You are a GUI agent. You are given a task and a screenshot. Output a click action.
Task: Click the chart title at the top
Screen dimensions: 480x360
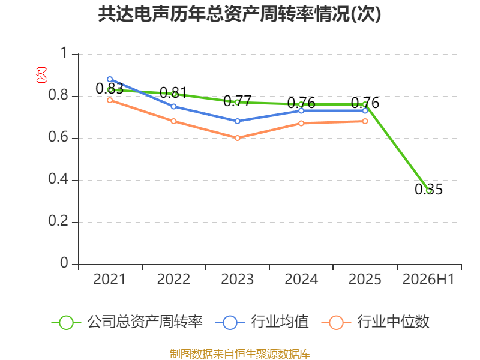(x=239, y=14)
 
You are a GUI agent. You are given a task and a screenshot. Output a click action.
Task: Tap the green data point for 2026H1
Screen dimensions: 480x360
(x=429, y=191)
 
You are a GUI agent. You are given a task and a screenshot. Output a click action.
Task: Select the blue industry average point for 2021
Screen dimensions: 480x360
(x=110, y=79)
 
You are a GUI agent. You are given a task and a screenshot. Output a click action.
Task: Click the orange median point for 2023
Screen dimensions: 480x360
(x=237, y=138)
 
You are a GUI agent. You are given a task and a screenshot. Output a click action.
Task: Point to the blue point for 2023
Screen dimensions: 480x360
(x=237, y=121)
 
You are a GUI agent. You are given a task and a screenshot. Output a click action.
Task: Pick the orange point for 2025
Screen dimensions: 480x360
(x=365, y=121)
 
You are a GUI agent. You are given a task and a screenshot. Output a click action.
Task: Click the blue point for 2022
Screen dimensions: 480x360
(x=173, y=107)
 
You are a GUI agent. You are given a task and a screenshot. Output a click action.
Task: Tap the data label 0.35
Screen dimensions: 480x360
(x=428, y=189)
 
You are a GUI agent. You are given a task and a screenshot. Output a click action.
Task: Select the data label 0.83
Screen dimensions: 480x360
(x=110, y=88)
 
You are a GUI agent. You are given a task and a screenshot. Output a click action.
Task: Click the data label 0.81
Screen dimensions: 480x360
(x=173, y=92)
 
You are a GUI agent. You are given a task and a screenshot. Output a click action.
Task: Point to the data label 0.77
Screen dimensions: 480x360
(x=237, y=101)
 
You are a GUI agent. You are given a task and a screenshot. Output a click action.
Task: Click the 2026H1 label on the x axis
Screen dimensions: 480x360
(x=428, y=279)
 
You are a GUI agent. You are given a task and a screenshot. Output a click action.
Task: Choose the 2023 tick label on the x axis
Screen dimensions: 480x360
(x=237, y=279)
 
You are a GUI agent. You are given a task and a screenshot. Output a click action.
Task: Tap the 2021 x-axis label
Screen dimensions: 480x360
(x=110, y=279)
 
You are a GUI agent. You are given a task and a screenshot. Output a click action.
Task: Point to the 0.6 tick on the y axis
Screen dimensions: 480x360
(x=58, y=137)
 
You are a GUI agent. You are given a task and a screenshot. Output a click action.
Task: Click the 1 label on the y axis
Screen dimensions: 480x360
(x=64, y=53)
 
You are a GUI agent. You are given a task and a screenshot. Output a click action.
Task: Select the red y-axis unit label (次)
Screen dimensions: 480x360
(x=41, y=75)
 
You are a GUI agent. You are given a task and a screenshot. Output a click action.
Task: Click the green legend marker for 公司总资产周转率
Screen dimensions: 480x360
(x=66, y=323)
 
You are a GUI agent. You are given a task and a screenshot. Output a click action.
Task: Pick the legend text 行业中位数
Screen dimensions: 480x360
(x=394, y=322)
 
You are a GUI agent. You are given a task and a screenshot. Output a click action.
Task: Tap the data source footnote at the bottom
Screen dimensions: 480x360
(x=240, y=354)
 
